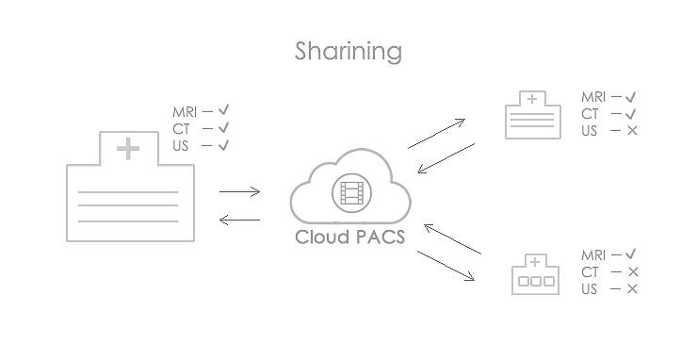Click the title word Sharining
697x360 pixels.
[x=348, y=51]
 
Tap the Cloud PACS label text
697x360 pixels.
[x=349, y=237]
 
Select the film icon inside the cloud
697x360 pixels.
[x=351, y=193]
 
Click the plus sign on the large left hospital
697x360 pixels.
[x=128, y=148]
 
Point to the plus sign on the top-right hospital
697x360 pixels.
[x=533, y=99]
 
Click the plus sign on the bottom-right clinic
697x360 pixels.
[x=535, y=262]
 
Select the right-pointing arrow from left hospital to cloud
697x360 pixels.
[x=239, y=192]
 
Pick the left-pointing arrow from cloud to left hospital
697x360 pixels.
[x=239, y=221]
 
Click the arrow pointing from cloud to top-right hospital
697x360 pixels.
[x=436, y=134]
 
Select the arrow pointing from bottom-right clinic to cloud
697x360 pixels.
[x=452, y=239]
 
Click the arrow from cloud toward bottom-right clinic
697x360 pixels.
[x=446, y=265]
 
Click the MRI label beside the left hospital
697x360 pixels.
[x=185, y=112]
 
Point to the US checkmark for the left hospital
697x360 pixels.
[x=223, y=145]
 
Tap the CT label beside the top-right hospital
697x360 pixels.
[x=590, y=114]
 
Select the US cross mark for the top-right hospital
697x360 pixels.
[x=632, y=130]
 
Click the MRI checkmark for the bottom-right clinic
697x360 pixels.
[x=631, y=254]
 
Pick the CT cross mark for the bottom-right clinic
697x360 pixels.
[x=632, y=272]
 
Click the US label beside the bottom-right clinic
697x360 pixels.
[x=590, y=289]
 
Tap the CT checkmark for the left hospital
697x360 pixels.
[x=223, y=128]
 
